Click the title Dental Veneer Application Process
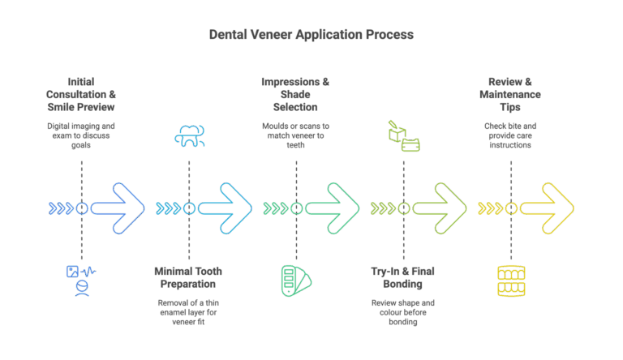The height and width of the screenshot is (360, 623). click(x=311, y=35)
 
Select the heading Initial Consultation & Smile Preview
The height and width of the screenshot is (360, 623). click(x=80, y=94)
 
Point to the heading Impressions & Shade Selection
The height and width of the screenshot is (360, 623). click(x=295, y=94)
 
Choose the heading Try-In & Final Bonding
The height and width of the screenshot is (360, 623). click(x=403, y=278)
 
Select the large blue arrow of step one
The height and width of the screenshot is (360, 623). click(x=118, y=208)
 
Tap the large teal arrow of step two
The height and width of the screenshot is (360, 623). click(x=226, y=208)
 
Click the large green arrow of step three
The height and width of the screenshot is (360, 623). click(x=333, y=208)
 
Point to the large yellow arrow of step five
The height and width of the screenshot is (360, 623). click(x=548, y=208)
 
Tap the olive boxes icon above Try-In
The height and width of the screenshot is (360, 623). click(x=404, y=135)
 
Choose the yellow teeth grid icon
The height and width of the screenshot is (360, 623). click(x=511, y=281)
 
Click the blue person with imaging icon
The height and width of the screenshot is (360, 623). click(x=81, y=281)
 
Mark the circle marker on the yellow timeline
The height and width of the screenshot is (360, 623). click(x=511, y=208)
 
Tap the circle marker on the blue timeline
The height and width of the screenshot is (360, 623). click(x=81, y=208)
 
